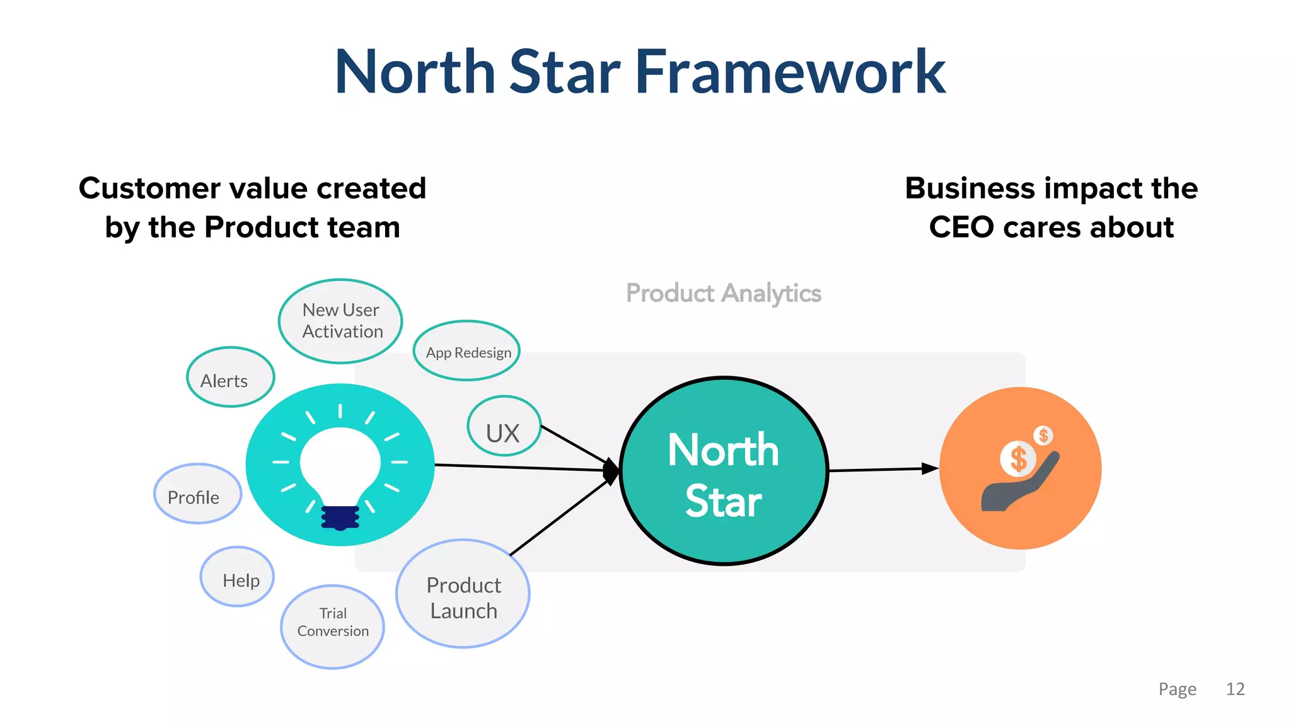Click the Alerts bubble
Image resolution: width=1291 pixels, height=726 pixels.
[230, 377]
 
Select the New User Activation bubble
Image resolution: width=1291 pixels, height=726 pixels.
[340, 321]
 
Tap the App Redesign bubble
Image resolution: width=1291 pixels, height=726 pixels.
[467, 351]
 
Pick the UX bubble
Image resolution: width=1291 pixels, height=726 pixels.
[504, 427]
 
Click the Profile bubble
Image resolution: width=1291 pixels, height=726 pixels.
[197, 495]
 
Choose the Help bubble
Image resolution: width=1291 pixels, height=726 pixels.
[238, 577]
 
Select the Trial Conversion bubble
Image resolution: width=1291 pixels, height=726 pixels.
[332, 627]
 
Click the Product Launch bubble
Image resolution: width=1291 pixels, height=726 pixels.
[463, 594]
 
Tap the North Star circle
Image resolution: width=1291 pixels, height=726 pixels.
[724, 471]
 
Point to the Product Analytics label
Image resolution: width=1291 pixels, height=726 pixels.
[723, 293]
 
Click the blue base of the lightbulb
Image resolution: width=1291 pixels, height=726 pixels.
[340, 517]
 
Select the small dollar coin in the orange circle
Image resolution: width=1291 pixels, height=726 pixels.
[1043, 435]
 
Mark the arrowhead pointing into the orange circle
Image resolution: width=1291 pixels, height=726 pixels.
[930, 468]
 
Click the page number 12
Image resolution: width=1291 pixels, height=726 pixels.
[1235, 689]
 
